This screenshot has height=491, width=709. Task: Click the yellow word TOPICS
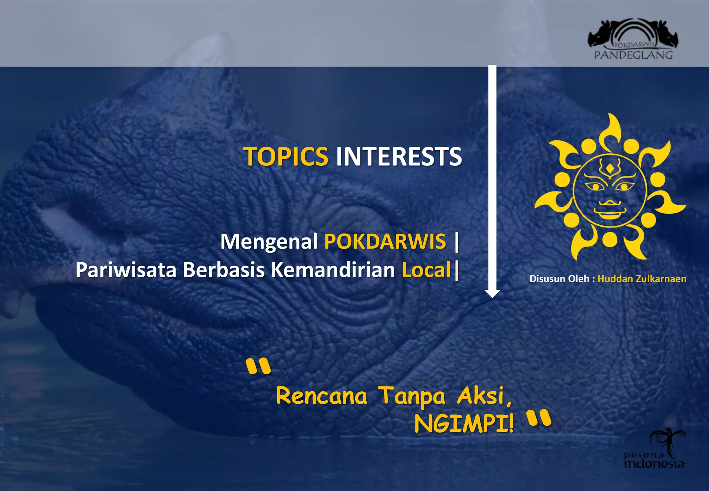[x=286, y=157]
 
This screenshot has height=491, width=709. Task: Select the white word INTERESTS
[x=399, y=157]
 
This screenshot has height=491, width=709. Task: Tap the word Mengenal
[x=269, y=241]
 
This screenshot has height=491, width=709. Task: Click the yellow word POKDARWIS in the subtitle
[x=385, y=241]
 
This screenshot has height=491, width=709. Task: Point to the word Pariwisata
[x=126, y=270]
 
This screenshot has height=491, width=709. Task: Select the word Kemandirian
[x=333, y=270]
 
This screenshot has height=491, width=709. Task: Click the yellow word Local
[x=426, y=270]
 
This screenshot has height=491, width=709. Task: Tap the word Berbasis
[x=224, y=270]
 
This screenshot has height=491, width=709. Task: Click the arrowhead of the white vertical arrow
[x=492, y=293]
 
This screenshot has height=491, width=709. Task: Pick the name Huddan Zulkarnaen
[x=641, y=279]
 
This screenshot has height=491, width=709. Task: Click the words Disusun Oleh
[x=559, y=279]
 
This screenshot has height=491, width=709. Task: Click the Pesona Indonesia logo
[x=655, y=450]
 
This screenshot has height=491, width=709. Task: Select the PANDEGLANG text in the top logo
[x=633, y=55]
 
